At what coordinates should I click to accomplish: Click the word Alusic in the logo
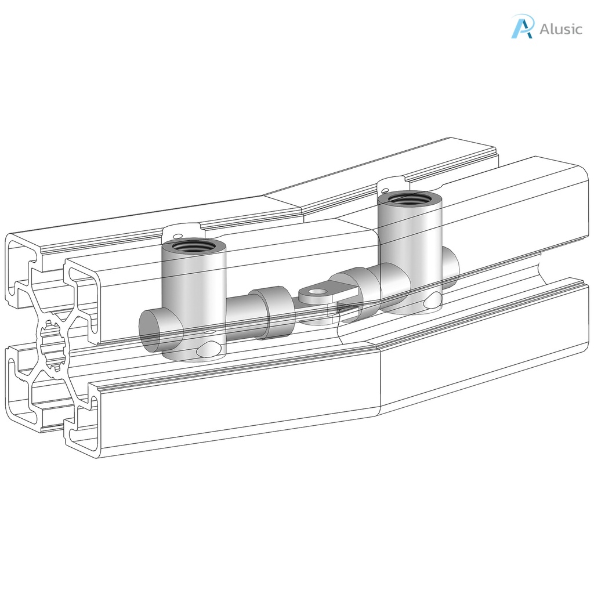tap(560, 29)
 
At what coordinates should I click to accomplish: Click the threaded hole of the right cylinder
tap(410, 199)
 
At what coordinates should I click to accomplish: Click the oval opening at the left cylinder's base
tap(209, 349)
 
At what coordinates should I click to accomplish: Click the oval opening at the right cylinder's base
tap(433, 300)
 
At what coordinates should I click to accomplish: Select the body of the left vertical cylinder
tap(193, 296)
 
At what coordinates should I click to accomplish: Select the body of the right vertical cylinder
tap(410, 249)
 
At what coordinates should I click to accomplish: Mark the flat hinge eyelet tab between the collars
tap(322, 293)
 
